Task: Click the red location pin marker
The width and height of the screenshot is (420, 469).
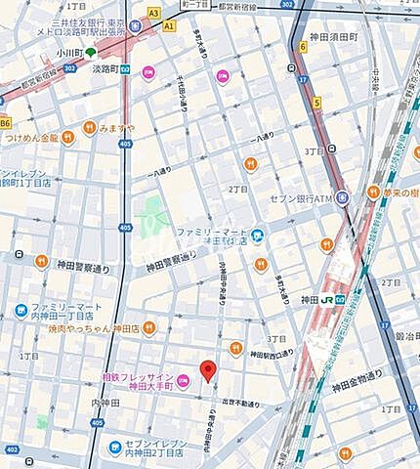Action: [207, 370]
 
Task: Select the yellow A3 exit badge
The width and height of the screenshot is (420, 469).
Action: [153, 13]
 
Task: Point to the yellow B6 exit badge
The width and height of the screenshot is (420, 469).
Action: [6, 122]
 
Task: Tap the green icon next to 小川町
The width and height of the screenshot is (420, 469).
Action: [90, 53]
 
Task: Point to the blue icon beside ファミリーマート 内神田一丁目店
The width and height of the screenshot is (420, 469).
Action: [21, 312]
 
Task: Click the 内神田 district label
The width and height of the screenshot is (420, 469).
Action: [105, 403]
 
